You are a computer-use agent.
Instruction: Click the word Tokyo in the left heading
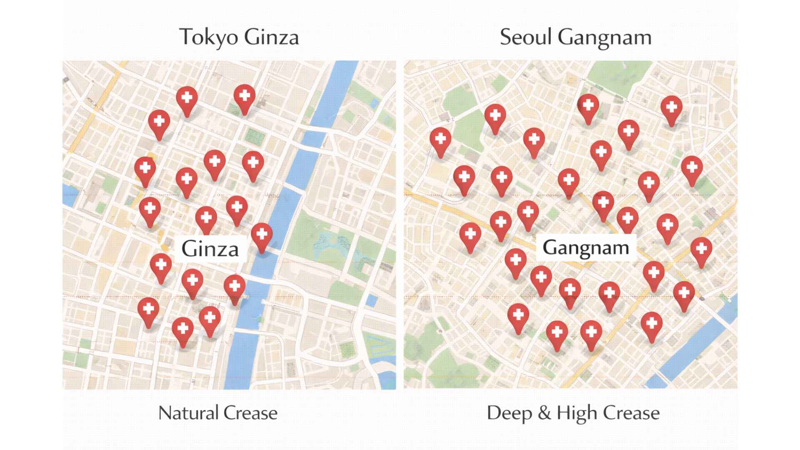208,37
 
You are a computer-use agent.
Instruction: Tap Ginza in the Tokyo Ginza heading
271,37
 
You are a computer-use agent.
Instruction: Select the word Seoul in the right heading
525,37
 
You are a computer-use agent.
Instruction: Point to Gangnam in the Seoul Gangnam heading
605,38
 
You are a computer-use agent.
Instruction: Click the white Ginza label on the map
210,249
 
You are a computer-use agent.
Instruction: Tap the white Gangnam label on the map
585,247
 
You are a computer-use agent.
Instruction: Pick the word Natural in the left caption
188,413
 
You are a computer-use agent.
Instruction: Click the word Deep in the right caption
509,413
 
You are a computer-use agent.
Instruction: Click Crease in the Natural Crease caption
250,413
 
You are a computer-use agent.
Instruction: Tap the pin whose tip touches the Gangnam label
627,219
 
